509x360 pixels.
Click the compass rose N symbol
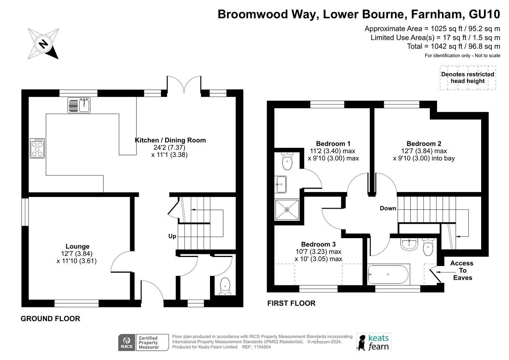[x=43, y=44]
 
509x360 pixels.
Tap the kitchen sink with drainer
[x=79, y=105]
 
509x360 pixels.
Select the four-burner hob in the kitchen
[x=37, y=148]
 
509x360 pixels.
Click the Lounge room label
[x=78, y=246]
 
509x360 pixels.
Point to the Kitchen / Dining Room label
[x=170, y=140]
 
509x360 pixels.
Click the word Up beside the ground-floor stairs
[x=172, y=236]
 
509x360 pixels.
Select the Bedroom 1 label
[x=333, y=143]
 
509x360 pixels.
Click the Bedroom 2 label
[x=424, y=143]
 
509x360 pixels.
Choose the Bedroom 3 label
[x=318, y=244]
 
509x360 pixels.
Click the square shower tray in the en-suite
[x=287, y=210]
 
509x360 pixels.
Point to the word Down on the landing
[x=388, y=208]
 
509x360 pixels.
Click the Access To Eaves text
[x=462, y=271]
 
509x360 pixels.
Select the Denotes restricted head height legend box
[x=468, y=78]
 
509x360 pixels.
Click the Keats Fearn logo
[x=374, y=342]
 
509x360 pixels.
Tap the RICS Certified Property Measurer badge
[x=143, y=343]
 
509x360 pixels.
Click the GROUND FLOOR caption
[x=51, y=318]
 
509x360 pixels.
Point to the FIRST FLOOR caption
[x=291, y=303]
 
